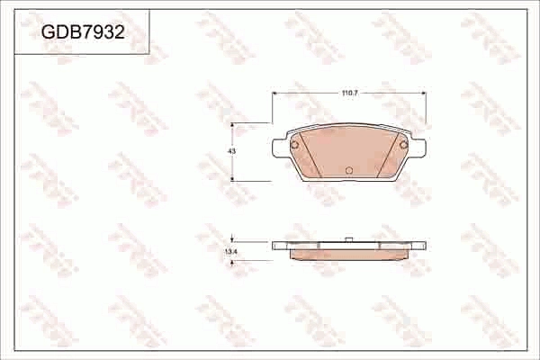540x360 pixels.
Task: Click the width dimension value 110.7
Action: pos(350,94)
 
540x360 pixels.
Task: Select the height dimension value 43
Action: pos(231,152)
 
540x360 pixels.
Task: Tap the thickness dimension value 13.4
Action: pos(229,252)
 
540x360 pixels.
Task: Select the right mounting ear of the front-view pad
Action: pos(419,147)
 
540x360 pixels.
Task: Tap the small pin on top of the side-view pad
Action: pos(349,238)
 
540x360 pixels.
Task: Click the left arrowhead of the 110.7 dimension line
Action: pos(274,93)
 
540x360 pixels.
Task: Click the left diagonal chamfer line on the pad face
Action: pos(310,153)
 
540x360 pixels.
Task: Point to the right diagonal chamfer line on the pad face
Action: pos(388,153)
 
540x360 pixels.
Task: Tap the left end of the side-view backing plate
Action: pos(275,244)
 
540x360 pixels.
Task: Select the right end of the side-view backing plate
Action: pos(423,244)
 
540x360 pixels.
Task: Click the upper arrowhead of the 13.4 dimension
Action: pos(233,238)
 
